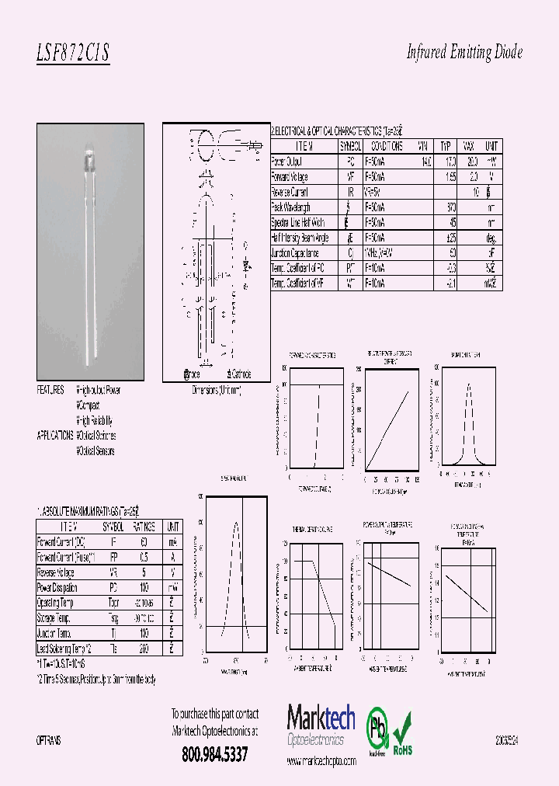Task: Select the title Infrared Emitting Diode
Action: (464, 52)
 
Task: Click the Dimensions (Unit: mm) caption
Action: (217, 391)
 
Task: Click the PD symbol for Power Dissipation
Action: (113, 587)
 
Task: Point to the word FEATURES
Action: (51, 390)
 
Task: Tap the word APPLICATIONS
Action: (55, 436)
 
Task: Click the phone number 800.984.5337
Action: (214, 753)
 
